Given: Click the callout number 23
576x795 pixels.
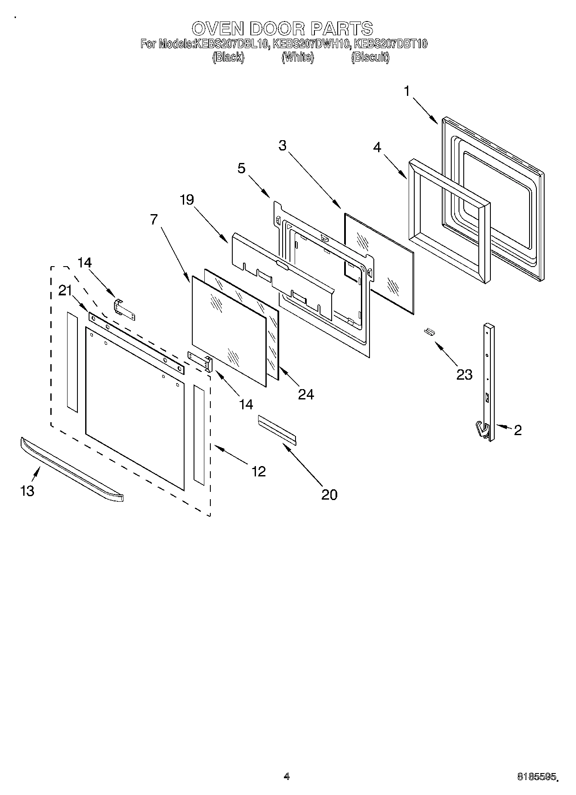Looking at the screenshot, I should click(x=464, y=374).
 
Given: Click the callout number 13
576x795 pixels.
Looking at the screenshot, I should click(x=27, y=490).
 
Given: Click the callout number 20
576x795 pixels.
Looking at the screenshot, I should click(x=329, y=494).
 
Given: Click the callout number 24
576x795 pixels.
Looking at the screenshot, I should click(x=306, y=394).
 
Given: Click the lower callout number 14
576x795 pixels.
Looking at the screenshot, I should click(x=246, y=404).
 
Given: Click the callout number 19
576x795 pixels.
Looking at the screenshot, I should click(x=187, y=200).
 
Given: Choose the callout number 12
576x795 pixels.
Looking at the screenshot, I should click(x=258, y=471).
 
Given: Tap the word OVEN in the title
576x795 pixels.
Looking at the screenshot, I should click(x=217, y=28).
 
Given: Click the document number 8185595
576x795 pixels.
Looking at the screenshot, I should click(x=538, y=777).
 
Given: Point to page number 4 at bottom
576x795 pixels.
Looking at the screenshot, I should click(x=286, y=776).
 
